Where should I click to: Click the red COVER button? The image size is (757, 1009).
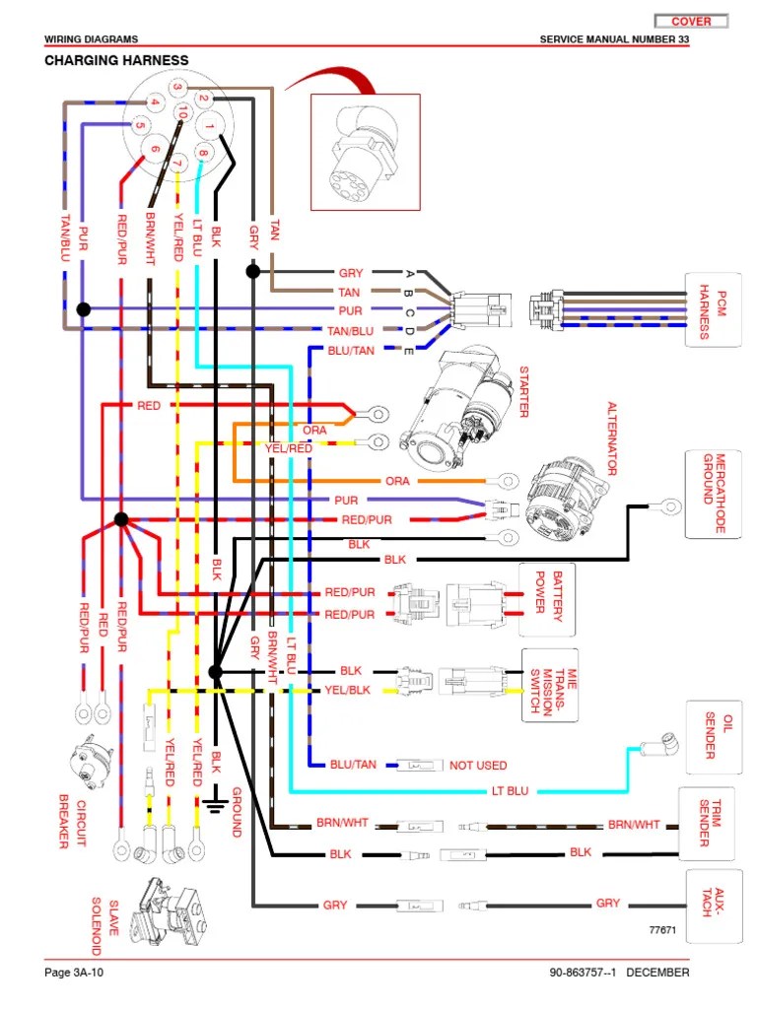coord(691,21)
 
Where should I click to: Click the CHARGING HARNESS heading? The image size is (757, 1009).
coord(116,60)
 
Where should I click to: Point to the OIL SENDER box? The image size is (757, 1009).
coord(711,737)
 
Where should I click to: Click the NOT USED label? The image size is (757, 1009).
coord(478,765)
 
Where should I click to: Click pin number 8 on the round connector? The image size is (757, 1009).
coord(201,152)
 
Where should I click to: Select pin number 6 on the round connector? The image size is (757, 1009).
coord(154,149)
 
